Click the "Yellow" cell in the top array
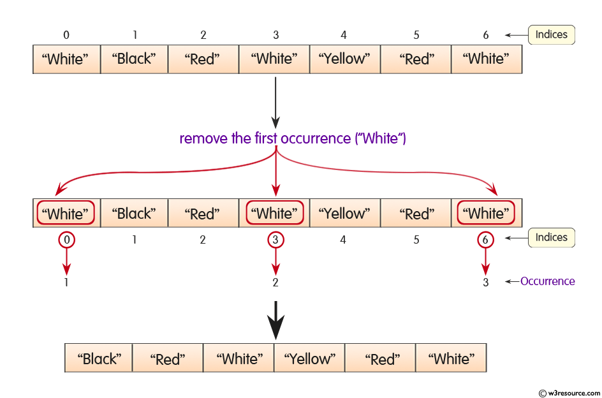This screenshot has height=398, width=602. [345, 59]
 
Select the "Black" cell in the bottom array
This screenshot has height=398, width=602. [99, 359]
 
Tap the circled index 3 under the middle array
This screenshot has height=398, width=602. [275, 240]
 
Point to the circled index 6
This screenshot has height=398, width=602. [485, 240]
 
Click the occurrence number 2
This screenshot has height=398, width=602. [275, 283]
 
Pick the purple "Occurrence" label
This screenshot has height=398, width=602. [547, 281]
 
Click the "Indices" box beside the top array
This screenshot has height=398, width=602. [551, 34]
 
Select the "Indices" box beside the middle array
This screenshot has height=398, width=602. [551, 237]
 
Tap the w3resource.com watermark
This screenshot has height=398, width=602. [568, 392]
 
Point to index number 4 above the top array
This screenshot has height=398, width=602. [344, 35]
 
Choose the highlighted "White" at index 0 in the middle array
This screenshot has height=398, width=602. [66, 214]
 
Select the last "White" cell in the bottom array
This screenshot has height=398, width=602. [451, 359]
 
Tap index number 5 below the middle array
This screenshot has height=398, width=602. [416, 240]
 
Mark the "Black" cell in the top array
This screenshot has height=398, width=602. [133, 59]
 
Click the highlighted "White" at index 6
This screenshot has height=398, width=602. [486, 214]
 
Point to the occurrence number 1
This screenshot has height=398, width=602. [66, 283]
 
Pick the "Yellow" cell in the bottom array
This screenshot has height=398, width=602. [309, 359]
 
